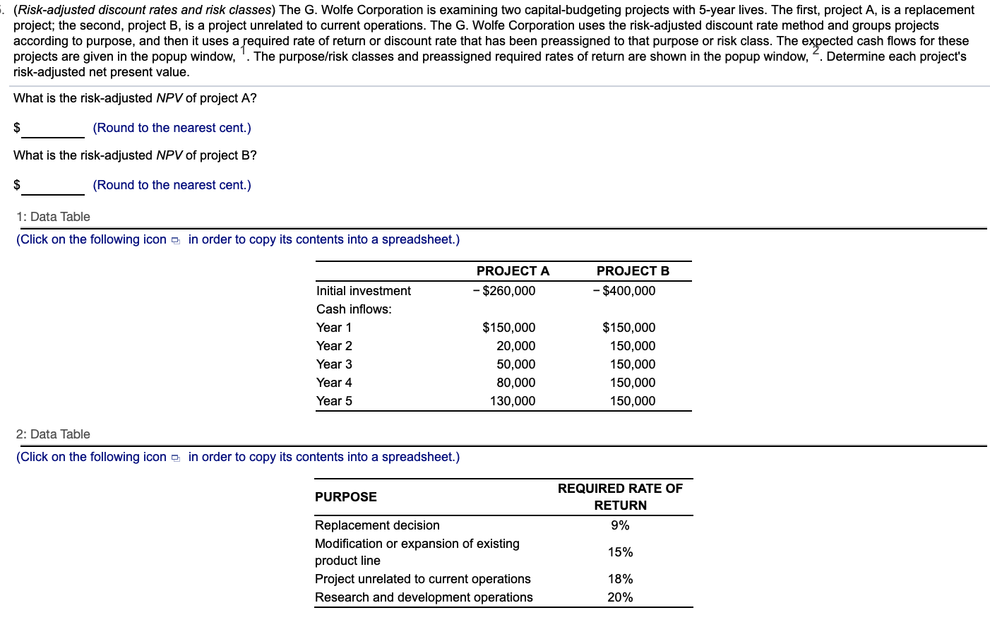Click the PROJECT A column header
point(513,271)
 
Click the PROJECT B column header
point(633,271)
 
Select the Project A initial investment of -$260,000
point(504,291)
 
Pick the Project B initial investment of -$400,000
point(624,291)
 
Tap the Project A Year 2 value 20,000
point(515,346)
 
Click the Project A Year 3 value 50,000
point(515,364)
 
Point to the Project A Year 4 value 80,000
point(515,383)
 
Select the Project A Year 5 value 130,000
point(513,401)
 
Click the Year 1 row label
point(334,328)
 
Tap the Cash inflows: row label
point(354,309)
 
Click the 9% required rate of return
point(620,525)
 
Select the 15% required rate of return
point(620,552)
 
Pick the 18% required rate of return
point(620,579)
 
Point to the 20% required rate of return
point(620,597)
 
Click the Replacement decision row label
point(377,525)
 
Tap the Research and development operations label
point(424,597)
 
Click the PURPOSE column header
point(346,497)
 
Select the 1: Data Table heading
point(53,217)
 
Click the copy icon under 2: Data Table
point(176,458)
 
